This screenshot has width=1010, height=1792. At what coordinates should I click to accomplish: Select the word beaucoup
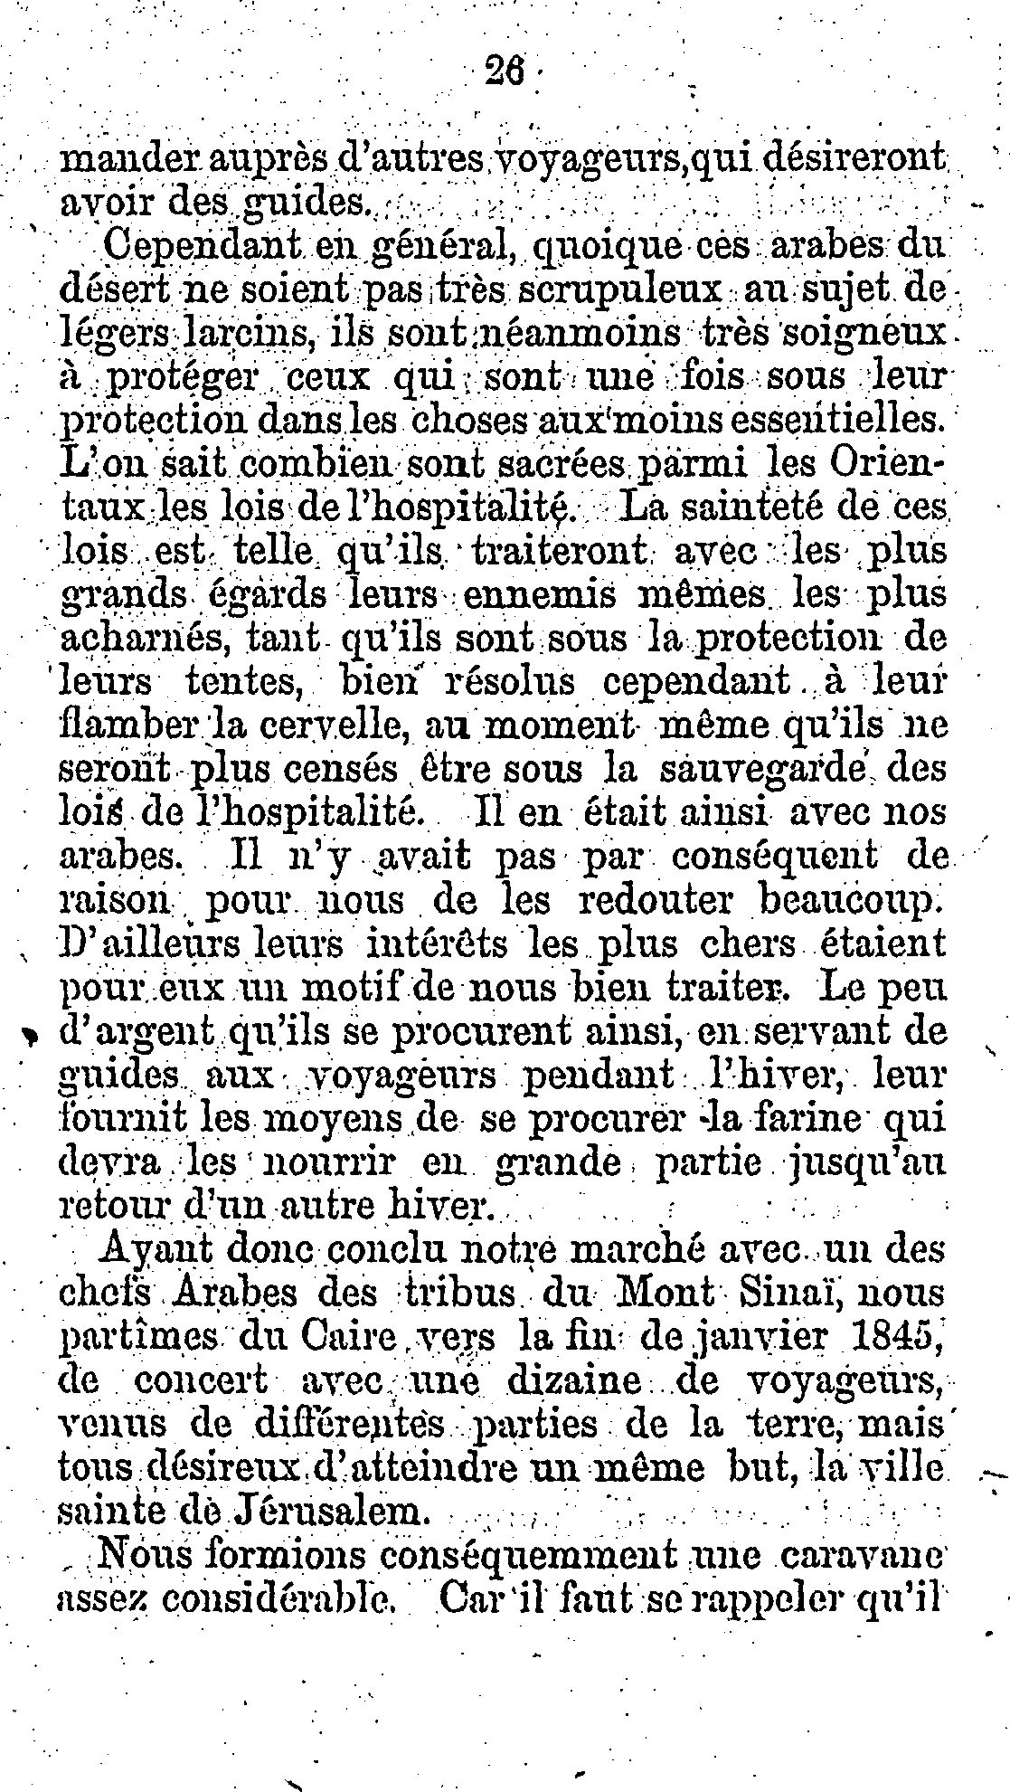pos(849,901)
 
